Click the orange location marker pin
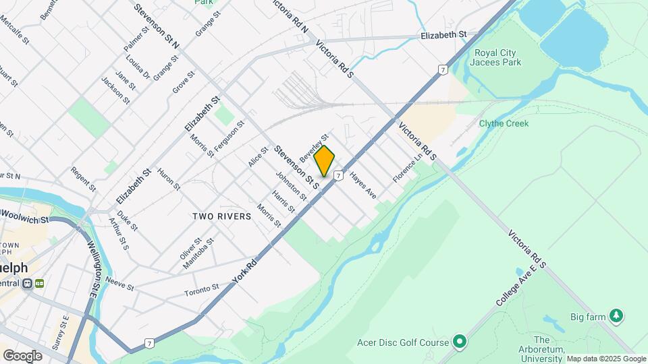[x=325, y=160]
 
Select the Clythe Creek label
[x=504, y=123]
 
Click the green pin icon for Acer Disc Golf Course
[x=460, y=342]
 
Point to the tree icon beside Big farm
[x=615, y=315]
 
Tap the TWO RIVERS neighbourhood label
[x=221, y=216]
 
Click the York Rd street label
[x=244, y=268]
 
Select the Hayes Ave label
[x=362, y=183]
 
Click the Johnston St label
[x=291, y=185]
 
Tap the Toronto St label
[x=202, y=291]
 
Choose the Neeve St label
[x=120, y=285]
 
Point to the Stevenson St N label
[x=156, y=26]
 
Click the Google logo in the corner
[x=22, y=355]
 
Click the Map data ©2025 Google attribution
[x=606, y=359]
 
